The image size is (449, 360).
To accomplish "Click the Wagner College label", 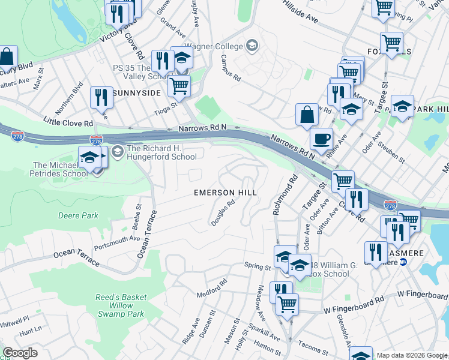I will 213,46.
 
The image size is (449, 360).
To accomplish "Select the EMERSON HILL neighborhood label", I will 225,193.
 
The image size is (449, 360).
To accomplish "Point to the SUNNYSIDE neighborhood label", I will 136,93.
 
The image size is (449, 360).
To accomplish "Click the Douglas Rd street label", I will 222,213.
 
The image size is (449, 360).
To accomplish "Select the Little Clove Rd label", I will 68,123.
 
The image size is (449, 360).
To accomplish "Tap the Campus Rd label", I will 230,68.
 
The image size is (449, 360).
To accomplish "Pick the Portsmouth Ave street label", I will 116,241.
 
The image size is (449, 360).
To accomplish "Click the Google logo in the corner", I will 19,353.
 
